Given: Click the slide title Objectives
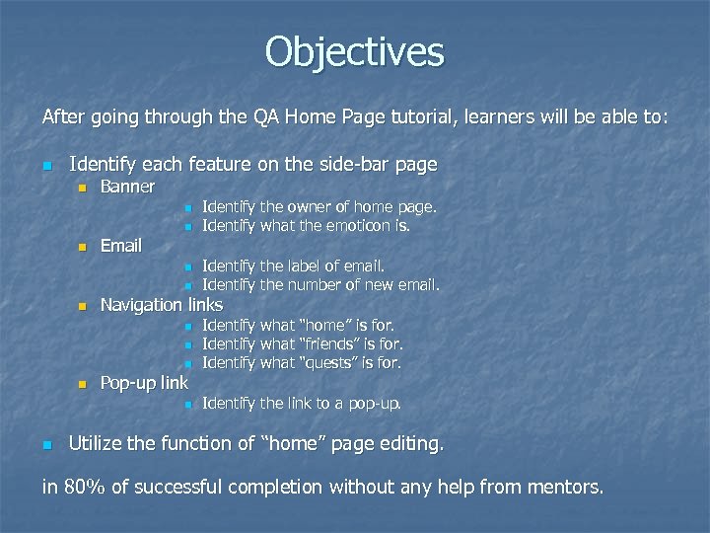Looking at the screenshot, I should [x=354, y=52].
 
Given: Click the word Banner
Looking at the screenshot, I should [x=127, y=187].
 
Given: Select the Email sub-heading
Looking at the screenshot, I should [x=121, y=246].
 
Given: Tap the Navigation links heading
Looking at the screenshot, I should [x=162, y=305].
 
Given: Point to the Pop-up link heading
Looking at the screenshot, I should [x=144, y=383].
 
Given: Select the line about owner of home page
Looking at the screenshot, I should [x=319, y=207].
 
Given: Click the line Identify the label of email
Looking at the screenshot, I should [x=293, y=266].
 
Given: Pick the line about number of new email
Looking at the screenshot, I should [x=319, y=285].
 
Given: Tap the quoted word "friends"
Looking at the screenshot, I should [x=326, y=344].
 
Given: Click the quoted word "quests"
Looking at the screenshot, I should [x=324, y=363].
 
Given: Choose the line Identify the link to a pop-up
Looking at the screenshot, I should [x=301, y=404].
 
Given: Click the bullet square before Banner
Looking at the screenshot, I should [x=83, y=188].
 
